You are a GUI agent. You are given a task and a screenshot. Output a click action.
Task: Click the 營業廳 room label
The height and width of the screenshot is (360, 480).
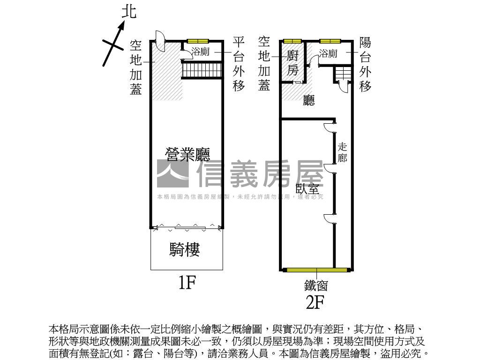point(187,154)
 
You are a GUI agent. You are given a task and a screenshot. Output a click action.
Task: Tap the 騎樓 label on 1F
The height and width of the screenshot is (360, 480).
point(185,250)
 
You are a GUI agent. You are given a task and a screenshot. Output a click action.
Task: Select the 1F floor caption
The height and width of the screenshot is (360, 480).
point(186,283)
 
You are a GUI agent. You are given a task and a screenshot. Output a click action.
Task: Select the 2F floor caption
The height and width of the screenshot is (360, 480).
point(315,302)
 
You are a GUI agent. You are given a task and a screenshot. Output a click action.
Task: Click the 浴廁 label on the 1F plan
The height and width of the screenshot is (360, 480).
point(201,52)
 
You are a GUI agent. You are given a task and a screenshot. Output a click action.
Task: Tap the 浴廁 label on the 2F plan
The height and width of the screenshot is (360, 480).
point(328,54)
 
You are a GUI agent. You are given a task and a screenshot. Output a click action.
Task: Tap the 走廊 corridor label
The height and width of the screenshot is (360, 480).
point(342,152)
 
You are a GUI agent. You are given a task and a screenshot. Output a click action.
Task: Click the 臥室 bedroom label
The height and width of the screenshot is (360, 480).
point(307,189)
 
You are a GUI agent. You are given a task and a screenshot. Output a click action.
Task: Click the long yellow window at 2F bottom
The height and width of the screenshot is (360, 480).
point(316,270)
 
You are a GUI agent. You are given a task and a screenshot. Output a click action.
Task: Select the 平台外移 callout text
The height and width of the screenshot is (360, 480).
point(239,65)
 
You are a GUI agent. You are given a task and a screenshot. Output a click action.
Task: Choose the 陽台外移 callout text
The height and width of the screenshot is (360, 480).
point(365,65)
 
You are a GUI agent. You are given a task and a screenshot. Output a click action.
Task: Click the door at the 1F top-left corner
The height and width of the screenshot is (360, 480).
point(159,41)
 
